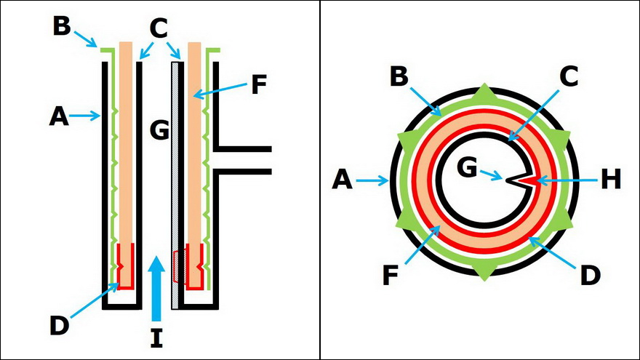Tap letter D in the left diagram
60,324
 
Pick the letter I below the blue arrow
156,337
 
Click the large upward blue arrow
156,291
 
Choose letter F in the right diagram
391,277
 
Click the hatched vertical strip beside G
175,182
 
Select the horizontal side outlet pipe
244,159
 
